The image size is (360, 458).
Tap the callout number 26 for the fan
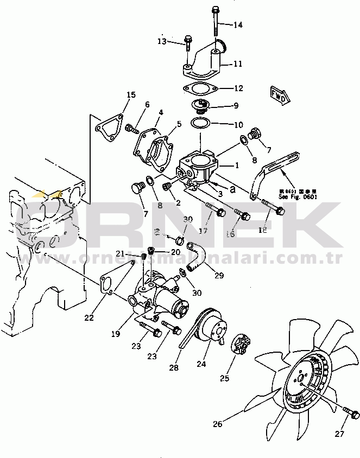(x=217, y=424)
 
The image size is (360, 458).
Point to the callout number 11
(x=238, y=64)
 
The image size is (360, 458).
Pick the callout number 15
(x=131, y=96)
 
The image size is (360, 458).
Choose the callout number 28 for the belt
(x=173, y=368)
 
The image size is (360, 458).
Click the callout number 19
(x=116, y=335)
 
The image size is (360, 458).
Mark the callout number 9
(x=235, y=105)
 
